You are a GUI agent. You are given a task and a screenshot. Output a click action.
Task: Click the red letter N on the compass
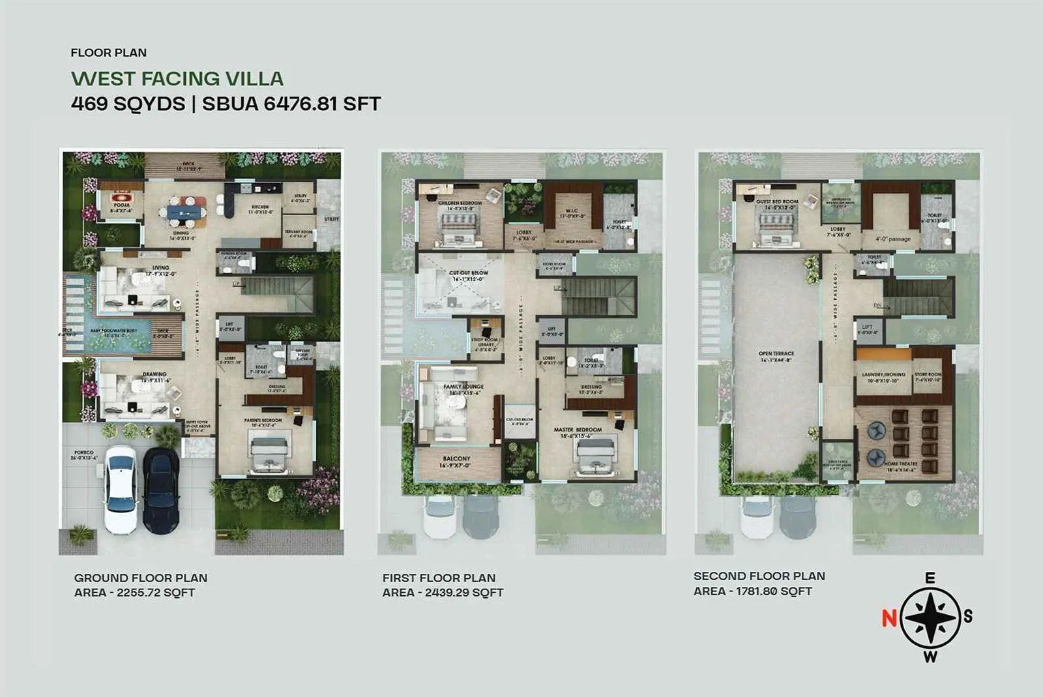[889, 617]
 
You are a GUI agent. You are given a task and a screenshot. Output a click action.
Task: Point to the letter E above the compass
[930, 578]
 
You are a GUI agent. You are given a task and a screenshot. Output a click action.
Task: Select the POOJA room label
[121, 205]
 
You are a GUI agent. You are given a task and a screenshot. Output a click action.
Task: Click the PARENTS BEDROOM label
[263, 421]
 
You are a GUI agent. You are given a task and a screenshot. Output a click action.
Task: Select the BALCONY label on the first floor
[456, 459]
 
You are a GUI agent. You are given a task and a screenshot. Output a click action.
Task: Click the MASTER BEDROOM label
[578, 430]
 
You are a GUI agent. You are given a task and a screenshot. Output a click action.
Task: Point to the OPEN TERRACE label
[776, 353]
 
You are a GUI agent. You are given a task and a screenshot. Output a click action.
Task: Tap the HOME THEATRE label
[901, 463]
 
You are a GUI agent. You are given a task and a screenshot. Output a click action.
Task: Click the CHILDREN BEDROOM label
[460, 203]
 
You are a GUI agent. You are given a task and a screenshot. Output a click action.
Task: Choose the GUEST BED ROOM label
[777, 201]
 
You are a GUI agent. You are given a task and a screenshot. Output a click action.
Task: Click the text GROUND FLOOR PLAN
[141, 578]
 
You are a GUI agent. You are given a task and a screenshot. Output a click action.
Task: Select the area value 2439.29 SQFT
[463, 593]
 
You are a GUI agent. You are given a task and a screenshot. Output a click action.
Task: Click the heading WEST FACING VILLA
[177, 79]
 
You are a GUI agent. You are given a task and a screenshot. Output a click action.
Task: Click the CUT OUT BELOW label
[468, 273]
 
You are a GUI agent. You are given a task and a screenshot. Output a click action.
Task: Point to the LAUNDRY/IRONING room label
[883, 375]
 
